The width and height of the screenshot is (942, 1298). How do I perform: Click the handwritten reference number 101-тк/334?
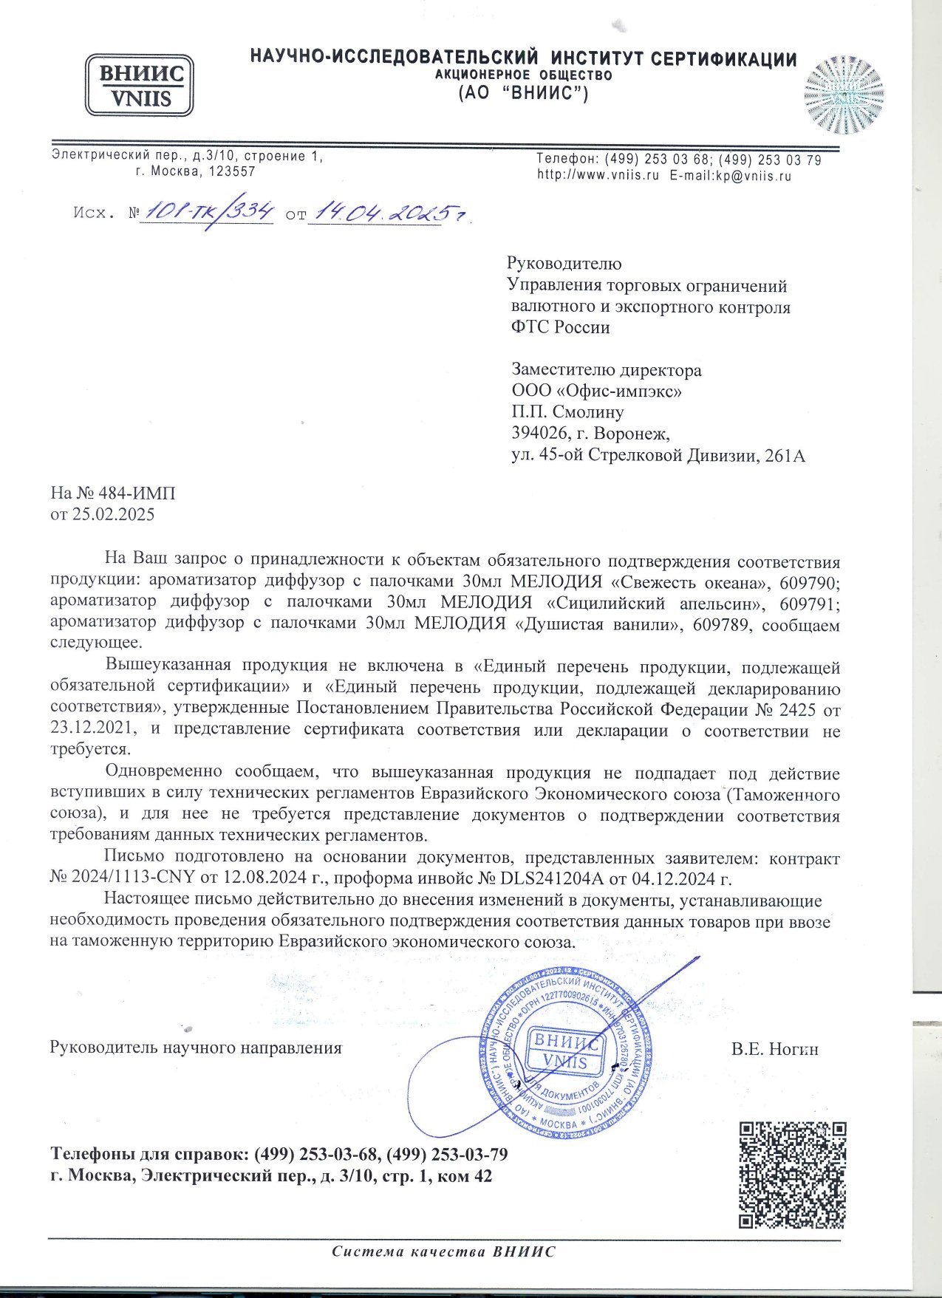coord(210,213)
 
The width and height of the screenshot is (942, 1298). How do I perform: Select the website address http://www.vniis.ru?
coord(598,176)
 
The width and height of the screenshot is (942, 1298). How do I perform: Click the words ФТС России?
coord(561,327)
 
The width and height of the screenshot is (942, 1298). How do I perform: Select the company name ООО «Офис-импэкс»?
coord(597,390)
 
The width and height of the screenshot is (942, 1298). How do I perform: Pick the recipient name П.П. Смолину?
coord(567,411)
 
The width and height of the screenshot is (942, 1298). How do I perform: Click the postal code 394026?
coord(537,433)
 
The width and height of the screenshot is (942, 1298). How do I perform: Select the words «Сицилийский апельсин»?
coord(655,603)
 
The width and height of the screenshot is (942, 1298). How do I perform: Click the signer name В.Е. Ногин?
coord(774,1048)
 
